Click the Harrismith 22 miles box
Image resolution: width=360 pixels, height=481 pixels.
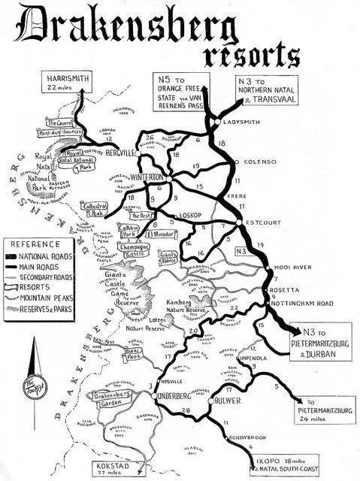[x=68, y=83]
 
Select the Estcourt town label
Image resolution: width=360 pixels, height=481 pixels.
[x=263, y=222]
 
